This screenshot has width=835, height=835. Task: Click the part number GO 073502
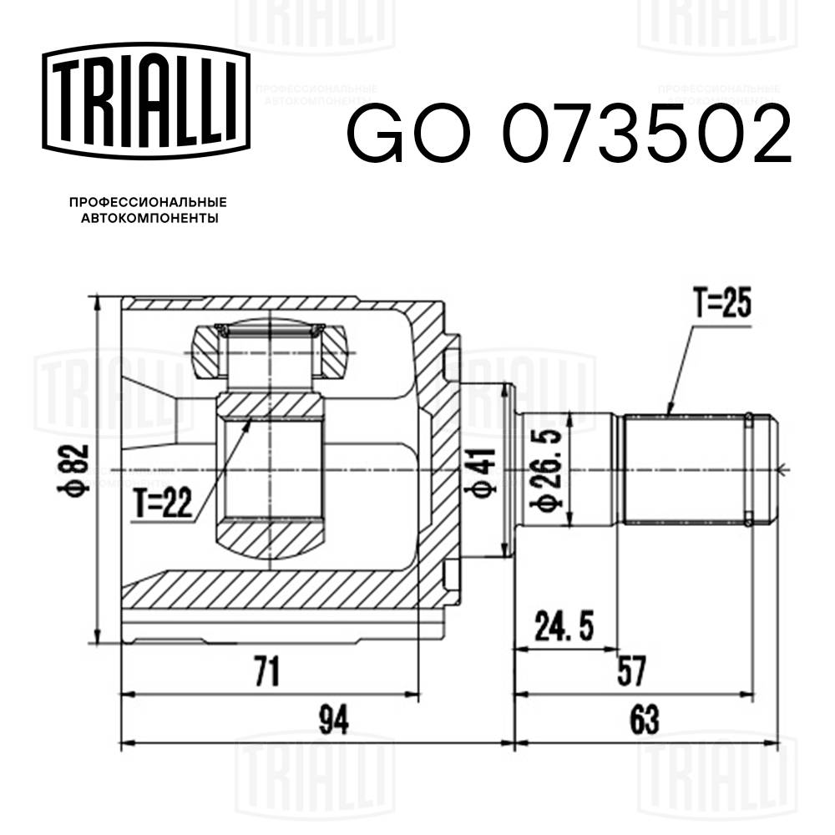[x=568, y=134]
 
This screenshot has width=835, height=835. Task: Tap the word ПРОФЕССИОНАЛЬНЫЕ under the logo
[x=148, y=203]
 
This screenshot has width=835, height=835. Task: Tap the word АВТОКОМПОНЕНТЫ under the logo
[x=148, y=219]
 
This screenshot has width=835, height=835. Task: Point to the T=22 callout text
[x=164, y=503]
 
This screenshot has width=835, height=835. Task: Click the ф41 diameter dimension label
[x=484, y=472]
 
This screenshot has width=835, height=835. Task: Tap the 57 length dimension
[x=632, y=669]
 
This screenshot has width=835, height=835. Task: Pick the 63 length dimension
[x=645, y=716]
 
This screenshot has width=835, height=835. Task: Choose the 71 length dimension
[x=266, y=671]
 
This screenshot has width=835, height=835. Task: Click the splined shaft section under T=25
[x=685, y=468]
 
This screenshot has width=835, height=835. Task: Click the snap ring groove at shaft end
[x=751, y=468]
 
